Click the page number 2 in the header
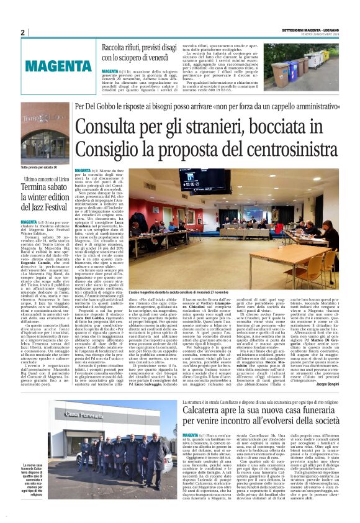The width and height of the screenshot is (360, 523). (22, 32)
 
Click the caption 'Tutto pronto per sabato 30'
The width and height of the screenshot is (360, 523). (39, 167)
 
